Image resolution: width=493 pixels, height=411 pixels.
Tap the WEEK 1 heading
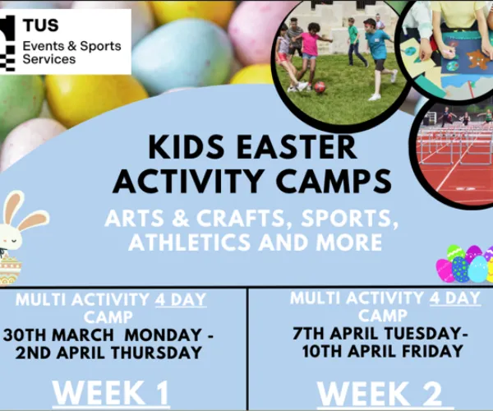[x=111, y=394]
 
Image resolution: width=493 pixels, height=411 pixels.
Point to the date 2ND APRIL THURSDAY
[x=113, y=353]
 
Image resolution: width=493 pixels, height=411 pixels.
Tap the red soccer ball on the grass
[x=320, y=86]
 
